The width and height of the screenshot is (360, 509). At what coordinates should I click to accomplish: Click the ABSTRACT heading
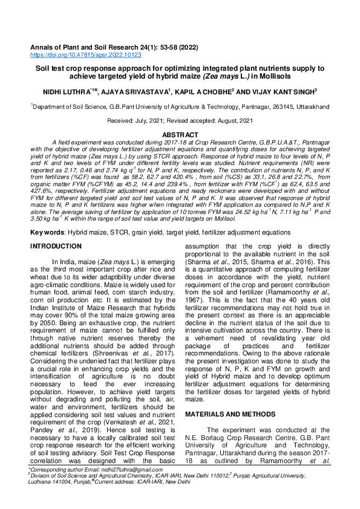point(180,134)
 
